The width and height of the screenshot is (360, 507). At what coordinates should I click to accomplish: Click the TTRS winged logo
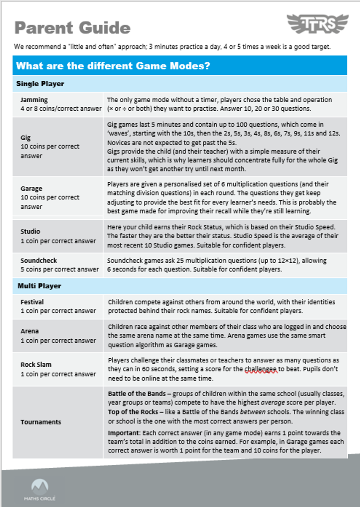tap(318, 24)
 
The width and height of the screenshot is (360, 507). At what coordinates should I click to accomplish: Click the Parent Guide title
tap(72, 28)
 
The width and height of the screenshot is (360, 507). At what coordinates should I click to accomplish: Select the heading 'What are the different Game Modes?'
tap(113, 66)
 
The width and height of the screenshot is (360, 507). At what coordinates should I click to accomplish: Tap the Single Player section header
tap(40, 84)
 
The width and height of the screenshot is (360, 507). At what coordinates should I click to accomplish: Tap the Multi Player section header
tap(39, 286)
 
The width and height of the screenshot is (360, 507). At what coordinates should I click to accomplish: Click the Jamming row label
tap(34, 100)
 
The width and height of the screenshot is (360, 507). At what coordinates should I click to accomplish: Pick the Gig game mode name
tap(25, 138)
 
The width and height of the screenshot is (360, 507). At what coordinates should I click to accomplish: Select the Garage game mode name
tap(31, 188)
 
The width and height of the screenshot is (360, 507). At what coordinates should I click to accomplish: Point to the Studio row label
tap(30, 232)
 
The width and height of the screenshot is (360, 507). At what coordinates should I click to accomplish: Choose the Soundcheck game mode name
tap(38, 261)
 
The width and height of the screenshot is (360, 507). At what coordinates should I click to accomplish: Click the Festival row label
tap(32, 302)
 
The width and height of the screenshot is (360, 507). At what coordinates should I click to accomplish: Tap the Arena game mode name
tap(30, 331)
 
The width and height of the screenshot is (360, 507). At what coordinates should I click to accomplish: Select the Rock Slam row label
tap(36, 365)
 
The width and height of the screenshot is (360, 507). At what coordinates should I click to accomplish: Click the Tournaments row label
tap(41, 422)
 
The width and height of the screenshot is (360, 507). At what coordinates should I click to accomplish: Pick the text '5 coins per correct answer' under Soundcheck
tap(60, 269)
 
